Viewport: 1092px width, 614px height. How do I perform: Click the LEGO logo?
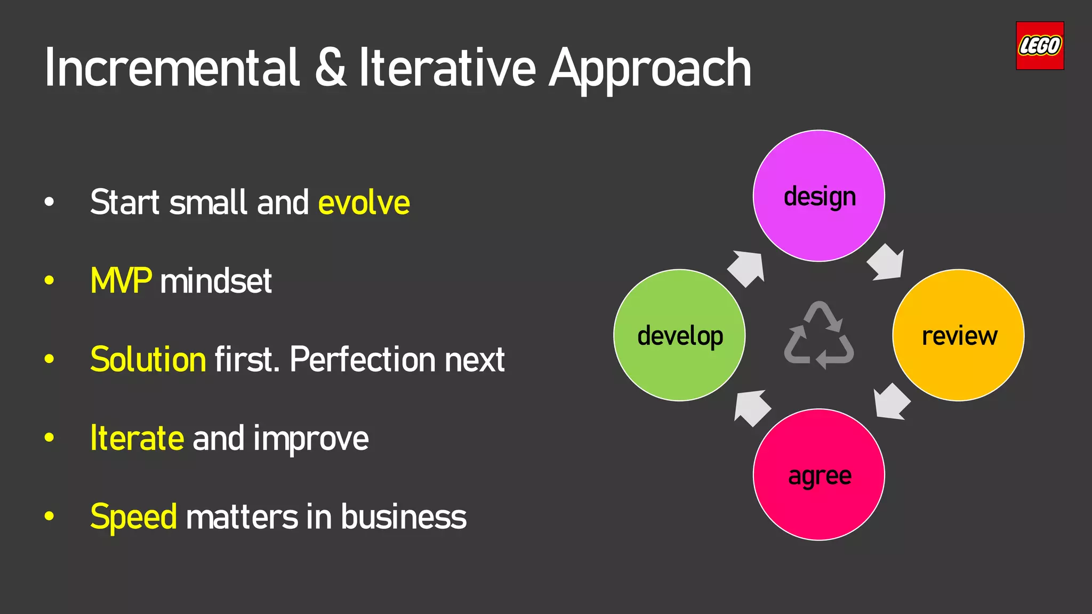pyautogui.click(x=1040, y=46)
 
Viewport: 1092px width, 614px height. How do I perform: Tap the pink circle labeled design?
pyautogui.click(x=819, y=196)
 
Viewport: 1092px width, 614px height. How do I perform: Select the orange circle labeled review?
pyautogui.click(x=958, y=335)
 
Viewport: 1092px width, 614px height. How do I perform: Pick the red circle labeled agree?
pyautogui.click(x=819, y=474)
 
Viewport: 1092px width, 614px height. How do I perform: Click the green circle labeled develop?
pyautogui.click(x=679, y=335)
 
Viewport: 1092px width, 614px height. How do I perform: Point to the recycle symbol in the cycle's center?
pyautogui.click(x=819, y=336)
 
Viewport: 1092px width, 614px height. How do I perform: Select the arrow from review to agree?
pyautogui.click(x=892, y=402)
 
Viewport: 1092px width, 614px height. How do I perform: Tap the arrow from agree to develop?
pyautogui.click(x=752, y=408)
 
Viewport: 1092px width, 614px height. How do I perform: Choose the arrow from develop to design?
pyautogui.click(x=747, y=268)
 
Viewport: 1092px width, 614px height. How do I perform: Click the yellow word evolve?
pyautogui.click(x=364, y=203)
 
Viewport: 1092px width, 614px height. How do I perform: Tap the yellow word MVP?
pyautogui.click(x=121, y=281)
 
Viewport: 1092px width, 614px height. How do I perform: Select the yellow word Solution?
pyautogui.click(x=148, y=360)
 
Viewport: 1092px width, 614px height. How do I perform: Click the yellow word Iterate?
pyautogui.click(x=138, y=438)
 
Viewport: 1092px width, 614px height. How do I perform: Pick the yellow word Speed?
pyautogui.click(x=134, y=517)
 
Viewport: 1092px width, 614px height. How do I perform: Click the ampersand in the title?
pyautogui.click(x=331, y=68)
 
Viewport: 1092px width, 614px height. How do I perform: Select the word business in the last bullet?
pyautogui.click(x=404, y=517)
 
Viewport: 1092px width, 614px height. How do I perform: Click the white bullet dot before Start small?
pyautogui.click(x=50, y=202)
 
